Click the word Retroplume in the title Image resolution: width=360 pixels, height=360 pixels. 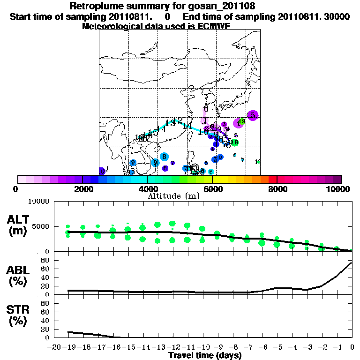(x=95, y=6)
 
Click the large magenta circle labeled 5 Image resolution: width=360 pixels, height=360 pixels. (x=253, y=115)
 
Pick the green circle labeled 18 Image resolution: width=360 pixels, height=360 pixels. (x=235, y=142)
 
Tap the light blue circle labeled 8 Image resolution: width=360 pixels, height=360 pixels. (x=164, y=157)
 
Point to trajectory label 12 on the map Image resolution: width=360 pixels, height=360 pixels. (x=178, y=121)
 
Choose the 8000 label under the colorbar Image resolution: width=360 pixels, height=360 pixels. (x=277, y=189)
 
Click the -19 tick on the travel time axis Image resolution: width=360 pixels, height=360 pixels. (x=69, y=347)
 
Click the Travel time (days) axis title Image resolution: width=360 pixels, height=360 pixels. (x=205, y=355)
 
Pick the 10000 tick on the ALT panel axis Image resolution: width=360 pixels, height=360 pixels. (x=39, y=202)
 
